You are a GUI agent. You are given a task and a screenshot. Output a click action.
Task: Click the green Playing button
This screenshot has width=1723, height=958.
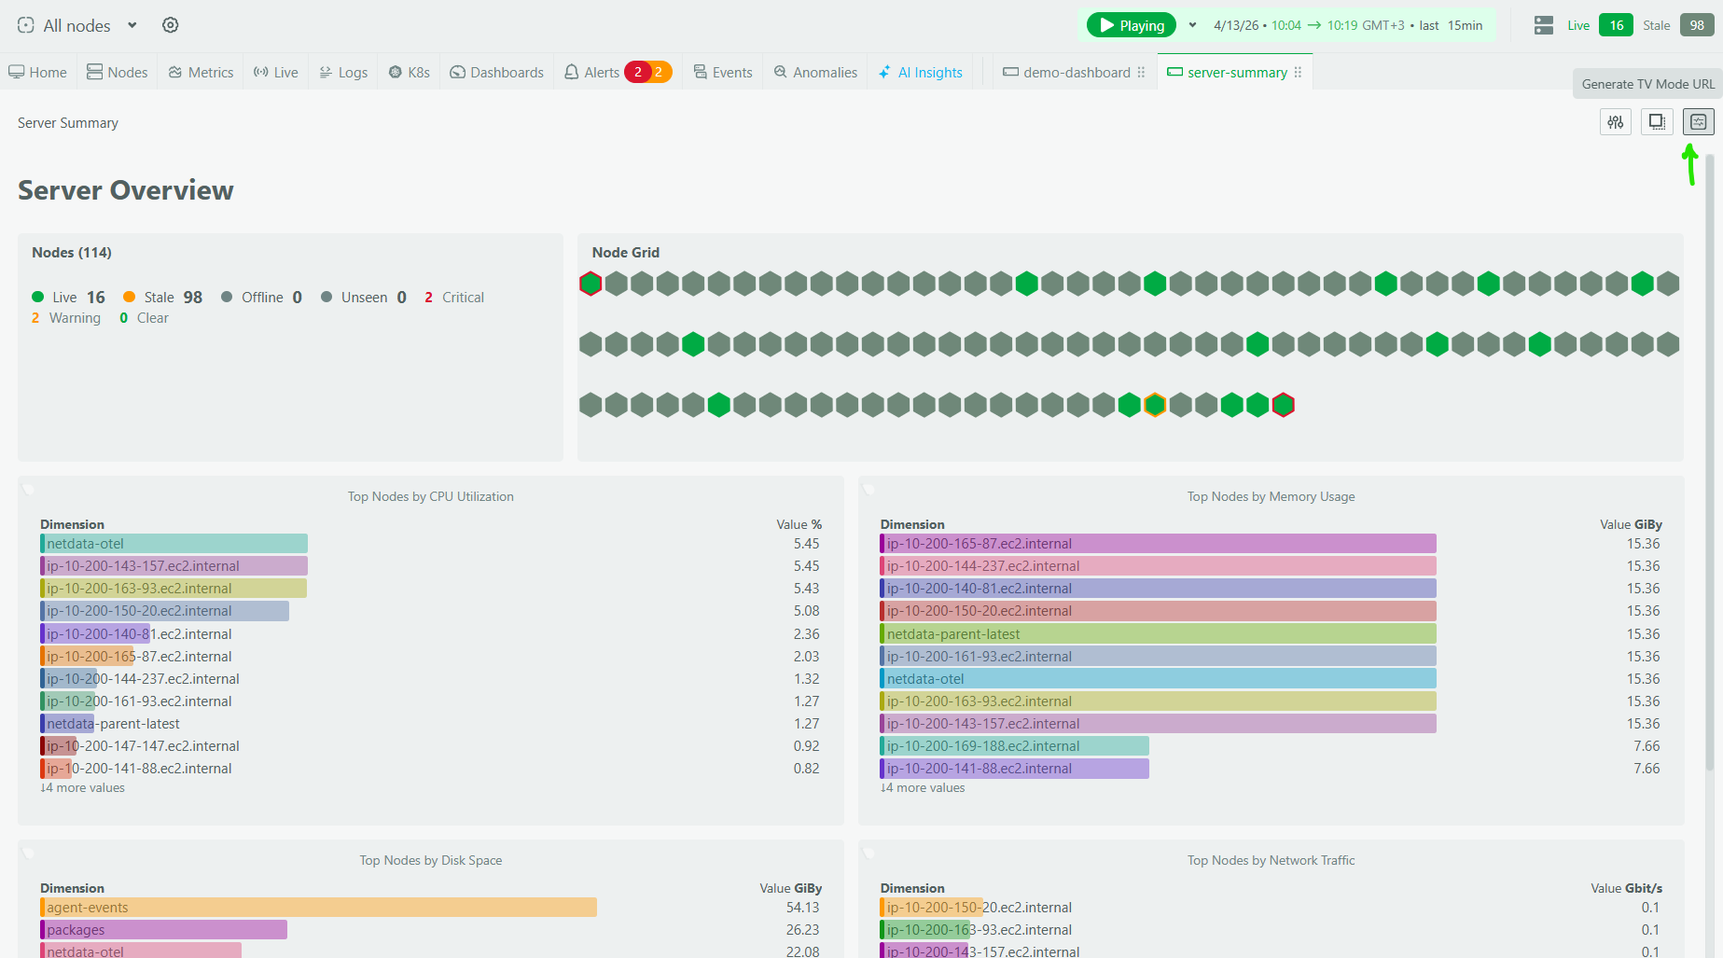tap(1131, 25)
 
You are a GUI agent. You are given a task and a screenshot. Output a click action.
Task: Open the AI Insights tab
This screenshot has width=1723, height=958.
tap(921, 73)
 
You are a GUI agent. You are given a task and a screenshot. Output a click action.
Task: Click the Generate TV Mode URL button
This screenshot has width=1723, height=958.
tap(1647, 84)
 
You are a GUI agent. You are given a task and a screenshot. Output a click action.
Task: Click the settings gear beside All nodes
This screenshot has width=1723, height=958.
tap(170, 25)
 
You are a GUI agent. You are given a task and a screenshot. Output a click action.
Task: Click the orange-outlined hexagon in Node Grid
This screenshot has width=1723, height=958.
tap(1155, 405)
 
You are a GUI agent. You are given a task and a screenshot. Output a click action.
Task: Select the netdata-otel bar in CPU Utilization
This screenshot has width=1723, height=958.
tap(174, 544)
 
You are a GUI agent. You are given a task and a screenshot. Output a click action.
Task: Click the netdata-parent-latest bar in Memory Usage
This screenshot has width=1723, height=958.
tap(1158, 634)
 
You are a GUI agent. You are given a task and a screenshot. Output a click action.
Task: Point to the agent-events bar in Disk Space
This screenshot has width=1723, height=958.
tap(318, 908)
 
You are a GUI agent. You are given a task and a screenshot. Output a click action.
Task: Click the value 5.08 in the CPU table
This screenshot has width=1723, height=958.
tap(806, 611)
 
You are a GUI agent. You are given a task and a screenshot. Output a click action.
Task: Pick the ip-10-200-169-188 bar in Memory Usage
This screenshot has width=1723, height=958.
tap(1014, 746)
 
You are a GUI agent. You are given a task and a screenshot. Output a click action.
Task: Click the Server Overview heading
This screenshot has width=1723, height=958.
tap(126, 190)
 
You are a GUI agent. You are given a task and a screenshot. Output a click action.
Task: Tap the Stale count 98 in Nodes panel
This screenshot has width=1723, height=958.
tap(192, 298)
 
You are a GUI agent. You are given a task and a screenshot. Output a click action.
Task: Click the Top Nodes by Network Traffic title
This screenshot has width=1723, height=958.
tap(1271, 860)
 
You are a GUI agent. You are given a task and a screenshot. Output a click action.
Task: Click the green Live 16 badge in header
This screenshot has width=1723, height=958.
tap(1616, 25)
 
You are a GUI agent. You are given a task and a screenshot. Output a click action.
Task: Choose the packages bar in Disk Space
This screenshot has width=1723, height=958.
tap(164, 930)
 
